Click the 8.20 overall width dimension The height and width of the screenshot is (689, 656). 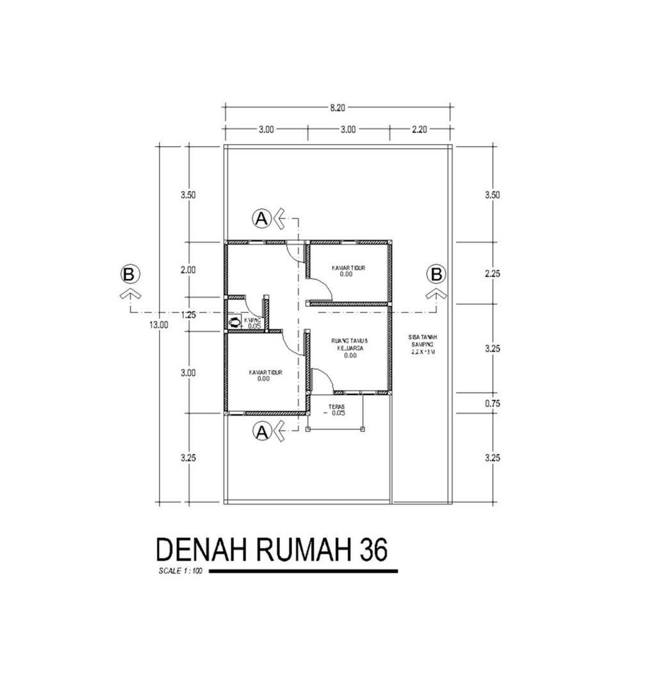coord(338,108)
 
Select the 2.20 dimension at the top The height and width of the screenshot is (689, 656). coord(419,129)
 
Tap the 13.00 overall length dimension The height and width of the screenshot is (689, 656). coord(159,325)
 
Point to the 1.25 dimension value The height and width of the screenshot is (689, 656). coord(188,314)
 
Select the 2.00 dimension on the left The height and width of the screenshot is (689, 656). coord(188,270)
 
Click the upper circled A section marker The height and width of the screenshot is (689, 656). coord(261,218)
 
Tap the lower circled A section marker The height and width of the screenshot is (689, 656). coord(261,433)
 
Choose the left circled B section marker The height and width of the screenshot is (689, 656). coord(129,274)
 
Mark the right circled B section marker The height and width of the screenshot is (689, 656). coord(436,274)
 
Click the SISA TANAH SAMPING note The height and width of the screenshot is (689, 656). coord(422,344)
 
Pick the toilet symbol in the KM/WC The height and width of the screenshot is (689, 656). coord(235,322)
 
